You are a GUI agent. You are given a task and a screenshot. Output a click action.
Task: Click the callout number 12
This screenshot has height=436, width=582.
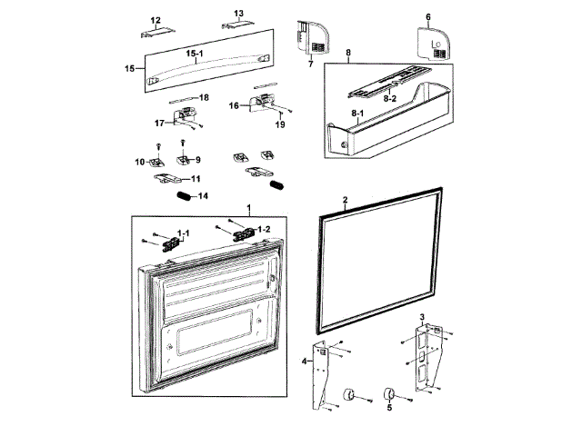156,20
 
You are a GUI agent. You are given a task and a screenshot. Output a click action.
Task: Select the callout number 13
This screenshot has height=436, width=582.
239,14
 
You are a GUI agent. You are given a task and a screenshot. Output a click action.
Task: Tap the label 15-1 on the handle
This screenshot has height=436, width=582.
195,54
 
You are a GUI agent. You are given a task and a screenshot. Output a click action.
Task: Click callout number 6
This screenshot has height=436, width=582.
428,17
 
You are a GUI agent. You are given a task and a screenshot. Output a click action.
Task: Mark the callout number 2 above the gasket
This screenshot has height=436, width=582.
345,198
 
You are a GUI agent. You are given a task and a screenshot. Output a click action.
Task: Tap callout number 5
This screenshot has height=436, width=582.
390,409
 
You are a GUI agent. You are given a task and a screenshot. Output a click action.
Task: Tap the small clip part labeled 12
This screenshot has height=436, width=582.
156,32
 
